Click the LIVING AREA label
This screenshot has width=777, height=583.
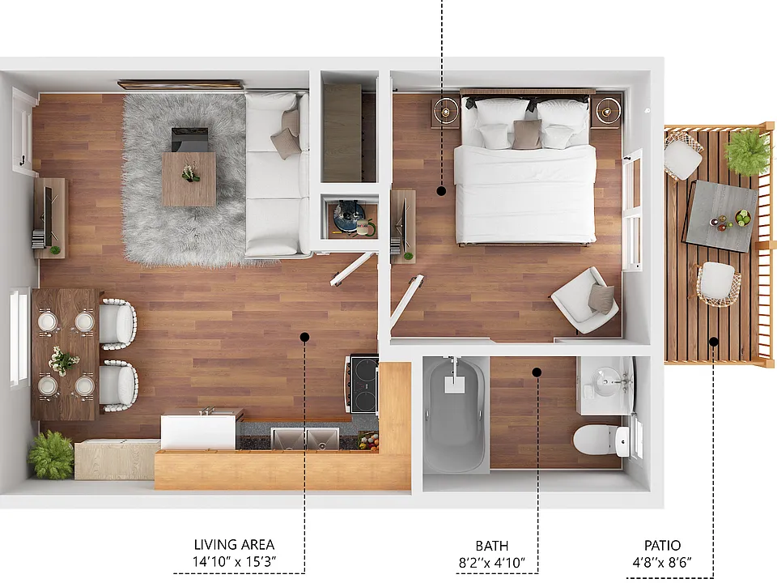(234, 544)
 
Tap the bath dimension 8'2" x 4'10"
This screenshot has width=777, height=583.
(491, 563)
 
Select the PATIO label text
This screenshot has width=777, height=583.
(662, 545)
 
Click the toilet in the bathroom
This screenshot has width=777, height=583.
(601, 439)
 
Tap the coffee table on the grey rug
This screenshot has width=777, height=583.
(189, 179)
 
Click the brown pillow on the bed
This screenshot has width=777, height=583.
(526, 134)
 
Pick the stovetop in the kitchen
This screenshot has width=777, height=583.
(363, 383)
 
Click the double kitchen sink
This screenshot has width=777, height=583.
(305, 439)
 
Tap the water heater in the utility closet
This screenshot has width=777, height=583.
(349, 217)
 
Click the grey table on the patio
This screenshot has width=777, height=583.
(721, 216)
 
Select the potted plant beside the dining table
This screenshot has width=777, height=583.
(50, 454)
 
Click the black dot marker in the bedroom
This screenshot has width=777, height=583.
(441, 191)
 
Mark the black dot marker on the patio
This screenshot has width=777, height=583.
(714, 341)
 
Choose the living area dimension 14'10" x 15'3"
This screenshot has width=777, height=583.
(234, 562)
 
